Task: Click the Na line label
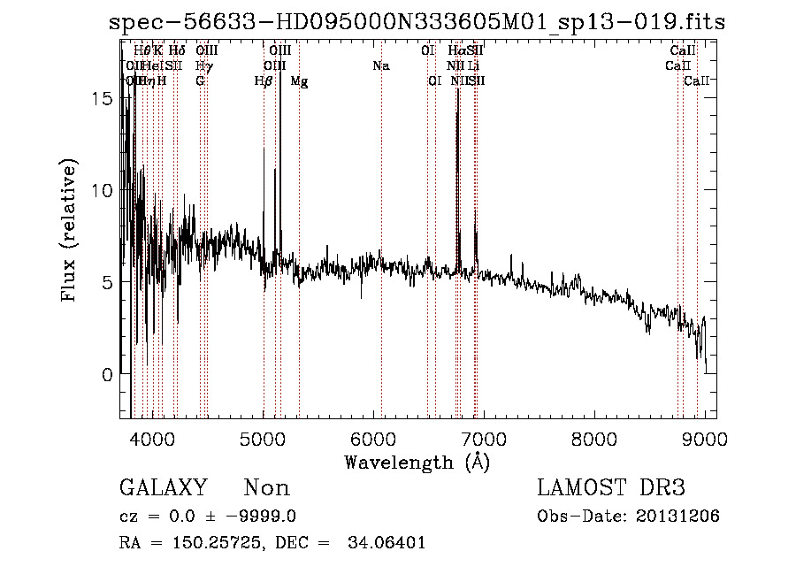click(381, 65)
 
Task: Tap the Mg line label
click(300, 81)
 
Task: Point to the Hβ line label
click(264, 81)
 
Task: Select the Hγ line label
click(203, 65)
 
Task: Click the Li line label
click(474, 65)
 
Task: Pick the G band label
click(201, 80)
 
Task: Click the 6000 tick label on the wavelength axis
click(374, 438)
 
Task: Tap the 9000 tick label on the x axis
click(705, 438)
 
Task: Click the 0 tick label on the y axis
click(106, 374)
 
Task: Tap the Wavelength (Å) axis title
click(417, 462)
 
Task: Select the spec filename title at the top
click(417, 23)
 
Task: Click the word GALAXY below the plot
click(163, 488)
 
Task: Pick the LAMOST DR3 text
click(611, 488)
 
